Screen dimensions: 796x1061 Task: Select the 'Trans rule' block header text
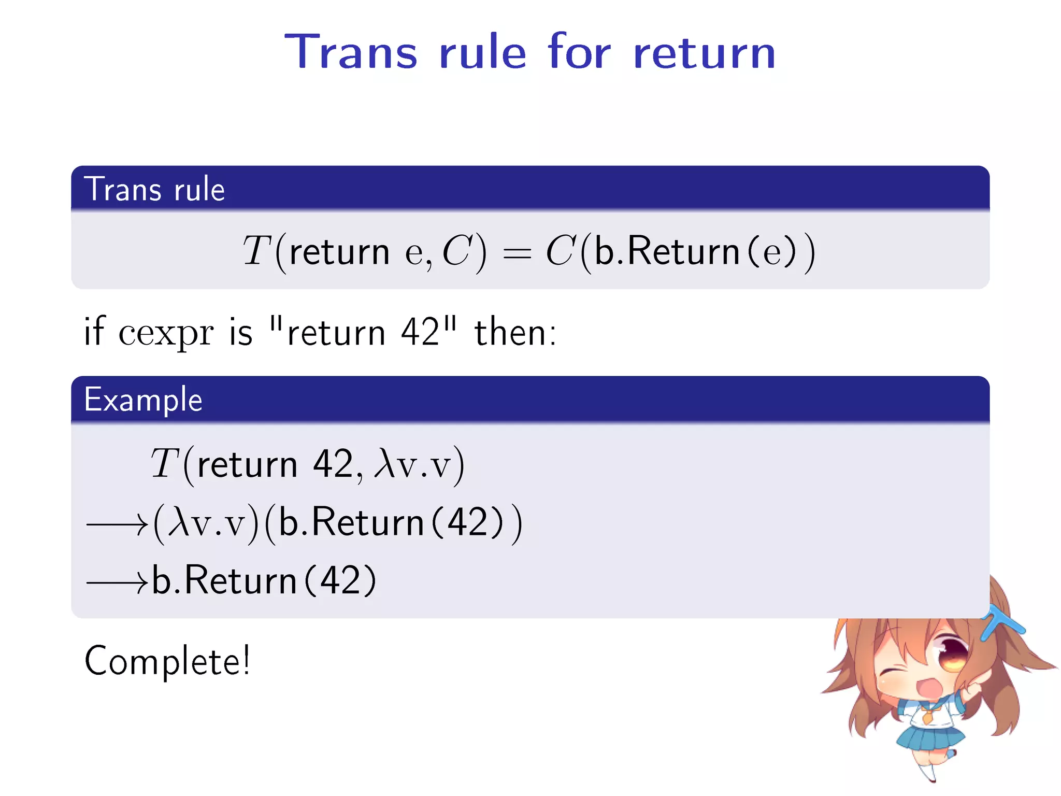coord(154,189)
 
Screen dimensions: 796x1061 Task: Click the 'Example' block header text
coord(143,400)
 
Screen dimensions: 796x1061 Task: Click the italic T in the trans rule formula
coord(256,251)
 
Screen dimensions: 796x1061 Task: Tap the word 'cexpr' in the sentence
coord(166,333)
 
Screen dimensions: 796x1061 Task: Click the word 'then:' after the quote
coord(515,333)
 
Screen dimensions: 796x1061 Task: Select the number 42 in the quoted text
coord(420,333)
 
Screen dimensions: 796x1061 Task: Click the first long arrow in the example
coord(117,525)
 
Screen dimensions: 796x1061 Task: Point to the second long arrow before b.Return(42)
coord(117,584)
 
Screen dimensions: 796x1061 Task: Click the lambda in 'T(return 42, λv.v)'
coord(385,462)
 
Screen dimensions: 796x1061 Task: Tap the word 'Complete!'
coord(167,661)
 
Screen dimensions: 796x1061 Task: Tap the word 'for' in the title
coord(579,52)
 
